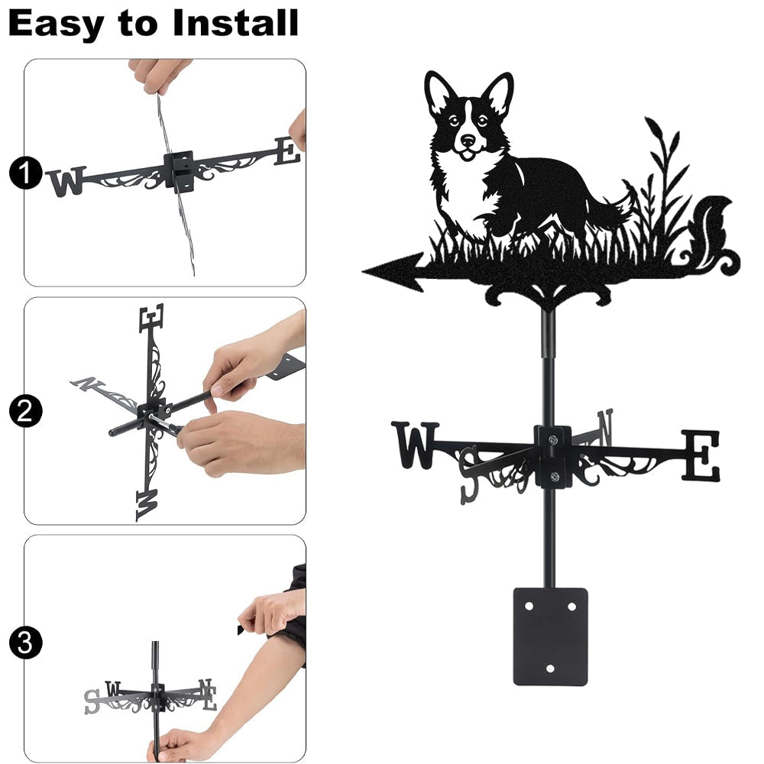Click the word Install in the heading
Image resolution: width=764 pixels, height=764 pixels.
235,23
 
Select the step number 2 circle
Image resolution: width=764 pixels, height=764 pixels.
25,411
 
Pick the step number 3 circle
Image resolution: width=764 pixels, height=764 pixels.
25,643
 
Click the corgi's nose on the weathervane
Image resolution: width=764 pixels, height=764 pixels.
468,140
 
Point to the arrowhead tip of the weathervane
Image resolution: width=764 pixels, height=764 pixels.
364,271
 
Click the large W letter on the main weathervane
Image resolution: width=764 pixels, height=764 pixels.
415,445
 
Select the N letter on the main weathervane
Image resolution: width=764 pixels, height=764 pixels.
605,427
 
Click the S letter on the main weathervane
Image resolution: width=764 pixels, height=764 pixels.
469,474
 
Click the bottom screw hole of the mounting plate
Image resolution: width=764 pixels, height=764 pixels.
550,668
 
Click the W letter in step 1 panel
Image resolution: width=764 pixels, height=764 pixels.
67,181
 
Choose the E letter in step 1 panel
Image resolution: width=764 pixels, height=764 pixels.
287,151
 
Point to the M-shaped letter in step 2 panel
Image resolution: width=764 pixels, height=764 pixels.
147,505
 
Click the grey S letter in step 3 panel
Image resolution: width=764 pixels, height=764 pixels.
92,701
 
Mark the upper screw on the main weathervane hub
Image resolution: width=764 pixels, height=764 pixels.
552,441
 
